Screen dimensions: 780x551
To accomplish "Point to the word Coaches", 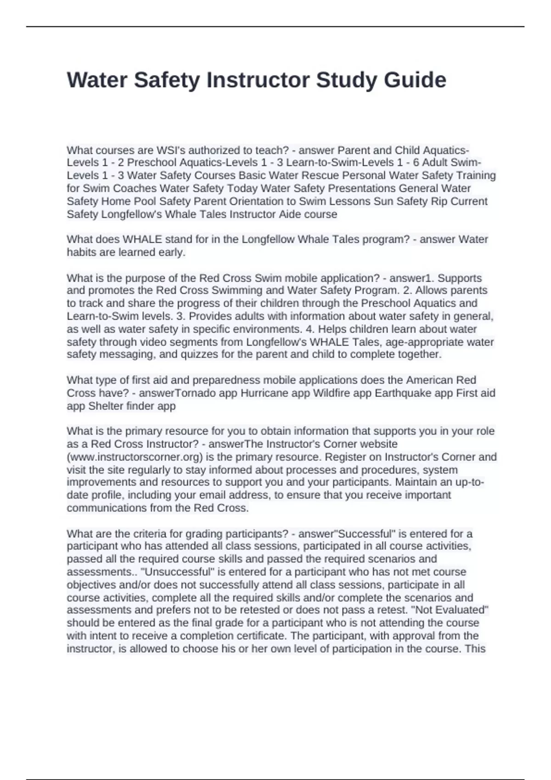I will (135, 188).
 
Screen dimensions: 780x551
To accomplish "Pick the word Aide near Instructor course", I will (290, 214).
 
